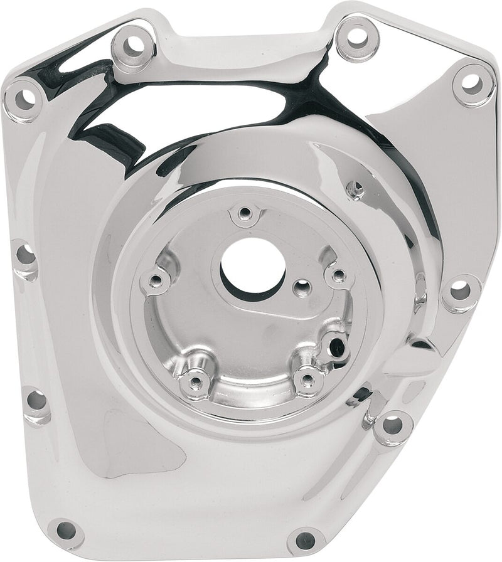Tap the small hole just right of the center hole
coord(304,287)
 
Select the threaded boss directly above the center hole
coord(244,213)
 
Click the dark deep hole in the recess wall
coord(339,345)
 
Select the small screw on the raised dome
coord(356,189)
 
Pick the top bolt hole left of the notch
coord(134,45)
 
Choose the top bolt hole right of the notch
coord(358,36)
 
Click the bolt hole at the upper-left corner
coord(24,98)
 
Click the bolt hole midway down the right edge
coord(459,290)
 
